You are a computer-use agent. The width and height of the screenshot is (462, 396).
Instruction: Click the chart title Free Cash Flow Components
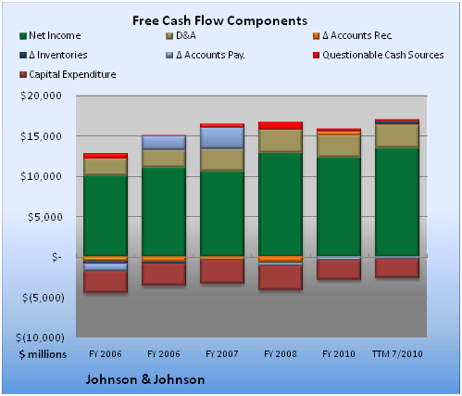[219, 20]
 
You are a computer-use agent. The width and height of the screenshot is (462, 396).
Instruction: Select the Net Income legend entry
[50, 35]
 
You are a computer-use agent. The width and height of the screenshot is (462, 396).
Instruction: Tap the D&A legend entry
[181, 35]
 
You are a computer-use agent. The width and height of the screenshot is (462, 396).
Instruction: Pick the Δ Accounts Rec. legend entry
[353, 35]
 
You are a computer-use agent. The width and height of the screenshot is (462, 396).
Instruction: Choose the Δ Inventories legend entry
[54, 55]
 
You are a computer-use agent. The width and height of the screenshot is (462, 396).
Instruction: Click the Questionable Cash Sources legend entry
[379, 55]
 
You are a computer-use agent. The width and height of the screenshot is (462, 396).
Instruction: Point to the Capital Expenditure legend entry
[68, 74]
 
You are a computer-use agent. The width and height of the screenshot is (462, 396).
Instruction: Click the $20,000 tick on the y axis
[41, 96]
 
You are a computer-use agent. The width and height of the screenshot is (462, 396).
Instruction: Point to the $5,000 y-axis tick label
[44, 217]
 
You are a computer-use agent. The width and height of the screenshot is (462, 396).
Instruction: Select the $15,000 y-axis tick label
[41, 136]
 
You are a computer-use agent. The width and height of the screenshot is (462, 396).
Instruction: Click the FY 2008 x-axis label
[281, 354]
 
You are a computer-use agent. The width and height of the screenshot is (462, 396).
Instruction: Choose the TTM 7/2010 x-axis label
[397, 354]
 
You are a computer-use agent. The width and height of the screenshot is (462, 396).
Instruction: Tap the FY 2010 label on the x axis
[339, 354]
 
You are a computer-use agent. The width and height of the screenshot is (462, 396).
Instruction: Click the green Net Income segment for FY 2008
[281, 205]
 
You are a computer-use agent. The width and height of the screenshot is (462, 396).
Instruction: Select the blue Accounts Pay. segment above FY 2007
[222, 138]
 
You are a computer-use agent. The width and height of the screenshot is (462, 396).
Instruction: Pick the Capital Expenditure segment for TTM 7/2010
[397, 268]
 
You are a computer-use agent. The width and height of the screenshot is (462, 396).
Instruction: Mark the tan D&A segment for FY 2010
[339, 146]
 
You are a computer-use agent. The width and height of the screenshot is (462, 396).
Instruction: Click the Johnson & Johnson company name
[145, 379]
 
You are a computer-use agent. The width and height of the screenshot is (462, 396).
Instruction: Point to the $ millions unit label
[43, 354]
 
